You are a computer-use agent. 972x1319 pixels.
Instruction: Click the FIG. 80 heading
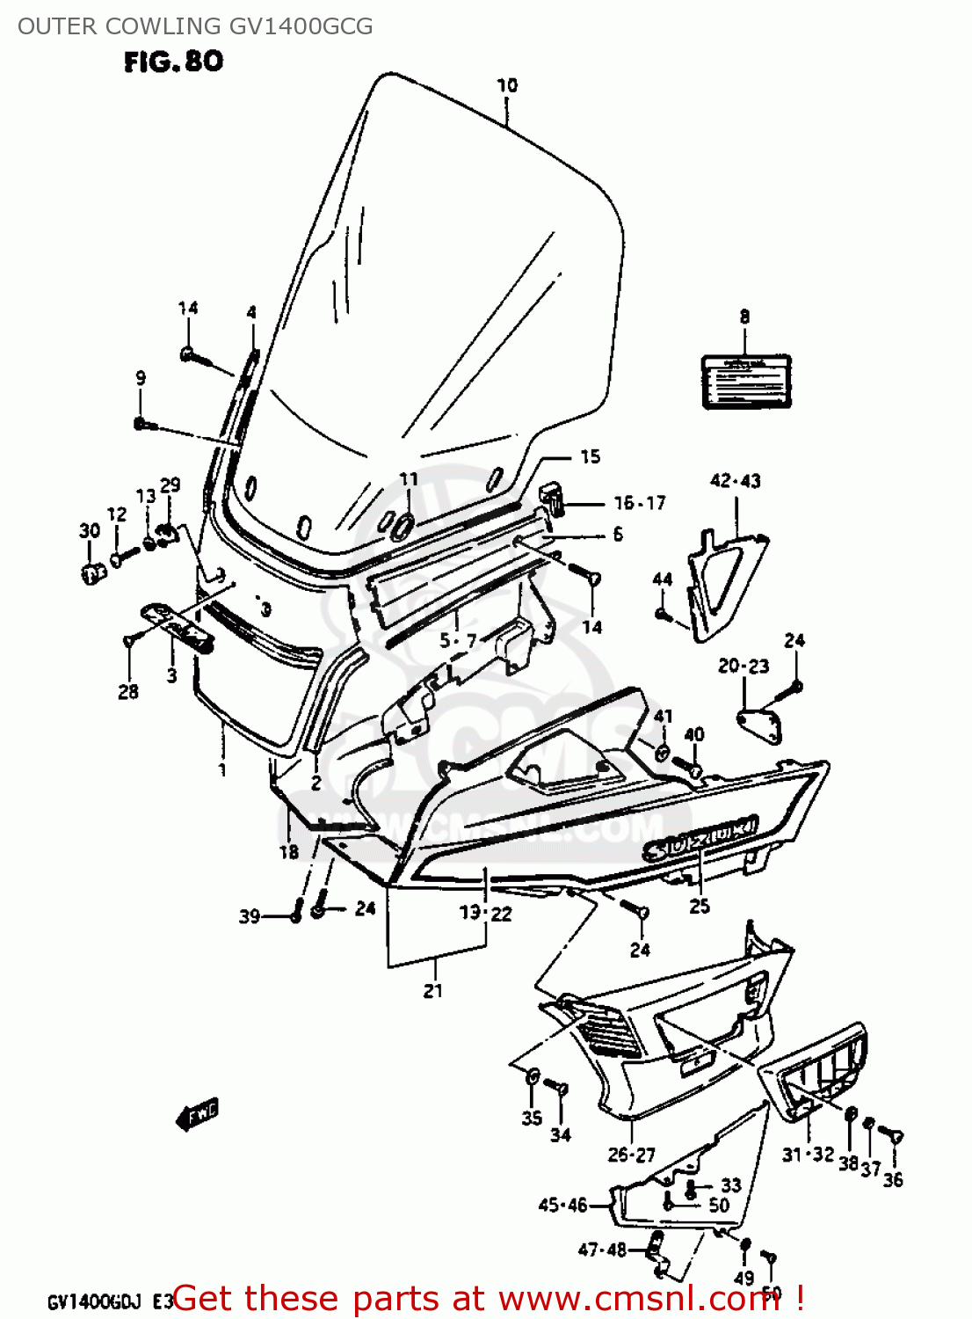pyautogui.click(x=173, y=62)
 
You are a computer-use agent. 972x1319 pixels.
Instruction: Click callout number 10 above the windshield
pyautogui.click(x=507, y=85)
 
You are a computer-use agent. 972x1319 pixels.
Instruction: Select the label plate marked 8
pyautogui.click(x=745, y=382)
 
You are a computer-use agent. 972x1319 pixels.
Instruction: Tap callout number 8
pyautogui.click(x=744, y=317)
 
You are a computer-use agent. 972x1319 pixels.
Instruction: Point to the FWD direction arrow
pyautogui.click(x=199, y=1115)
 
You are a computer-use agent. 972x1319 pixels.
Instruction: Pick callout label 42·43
pyautogui.click(x=735, y=481)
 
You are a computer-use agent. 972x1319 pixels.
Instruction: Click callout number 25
pyautogui.click(x=700, y=906)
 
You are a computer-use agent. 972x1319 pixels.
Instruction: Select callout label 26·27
pyautogui.click(x=631, y=1155)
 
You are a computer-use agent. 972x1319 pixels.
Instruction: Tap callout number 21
pyautogui.click(x=432, y=991)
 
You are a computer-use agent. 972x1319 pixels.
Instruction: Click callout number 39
pyautogui.click(x=250, y=916)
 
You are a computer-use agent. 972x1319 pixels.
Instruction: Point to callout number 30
pyautogui.click(x=90, y=530)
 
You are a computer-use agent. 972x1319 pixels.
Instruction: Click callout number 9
pyautogui.click(x=141, y=378)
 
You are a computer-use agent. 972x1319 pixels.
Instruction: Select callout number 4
pyautogui.click(x=251, y=312)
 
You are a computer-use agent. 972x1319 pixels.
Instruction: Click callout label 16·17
pyautogui.click(x=640, y=503)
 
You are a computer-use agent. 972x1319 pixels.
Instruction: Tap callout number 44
pyautogui.click(x=663, y=579)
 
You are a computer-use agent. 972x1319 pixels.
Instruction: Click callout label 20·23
pyautogui.click(x=743, y=667)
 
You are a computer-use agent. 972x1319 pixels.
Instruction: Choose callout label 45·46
pyautogui.click(x=562, y=1205)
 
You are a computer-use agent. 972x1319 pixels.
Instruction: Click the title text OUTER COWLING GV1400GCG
pyautogui.click(x=195, y=26)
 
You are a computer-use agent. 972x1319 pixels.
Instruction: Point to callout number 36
pyautogui.click(x=893, y=1180)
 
